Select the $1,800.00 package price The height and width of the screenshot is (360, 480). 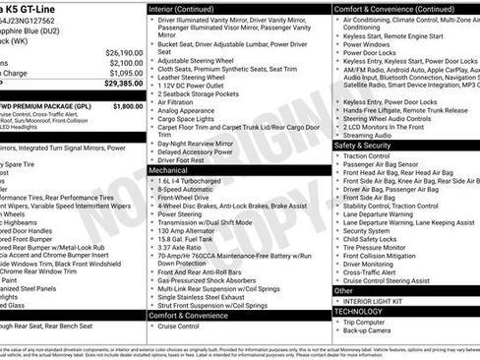127,105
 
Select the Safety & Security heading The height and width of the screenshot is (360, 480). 363,145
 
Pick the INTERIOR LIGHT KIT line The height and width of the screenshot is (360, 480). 379,301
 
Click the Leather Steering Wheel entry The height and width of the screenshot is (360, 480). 197,77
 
